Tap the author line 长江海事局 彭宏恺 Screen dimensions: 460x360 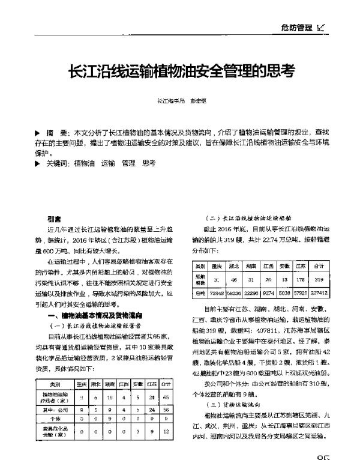pyautogui.click(x=180, y=102)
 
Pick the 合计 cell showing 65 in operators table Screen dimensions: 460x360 pyautogui.click(x=166, y=398)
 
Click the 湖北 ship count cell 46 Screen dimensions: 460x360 pyautogui.click(x=234, y=279)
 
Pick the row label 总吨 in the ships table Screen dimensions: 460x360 pyautogui.click(x=200, y=294)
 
